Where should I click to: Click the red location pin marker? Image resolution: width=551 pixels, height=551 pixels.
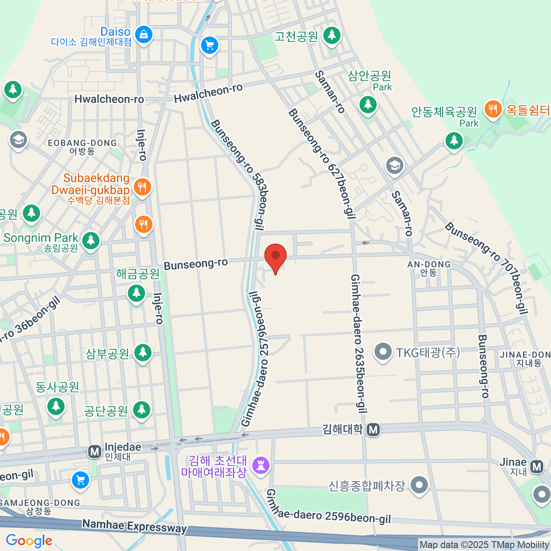click(275, 256)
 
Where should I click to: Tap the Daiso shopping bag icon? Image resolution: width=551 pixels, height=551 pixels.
click(144, 34)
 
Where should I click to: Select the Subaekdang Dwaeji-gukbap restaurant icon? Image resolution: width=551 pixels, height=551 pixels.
click(142, 187)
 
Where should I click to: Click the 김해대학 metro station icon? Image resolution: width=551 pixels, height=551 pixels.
click(374, 430)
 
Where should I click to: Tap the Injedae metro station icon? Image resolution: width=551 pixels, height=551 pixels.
click(95, 452)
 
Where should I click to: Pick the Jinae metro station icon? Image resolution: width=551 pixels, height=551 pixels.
click(536, 467)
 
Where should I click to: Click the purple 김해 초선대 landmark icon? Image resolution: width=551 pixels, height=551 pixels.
click(262, 466)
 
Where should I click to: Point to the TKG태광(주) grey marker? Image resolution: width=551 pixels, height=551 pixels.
click(382, 353)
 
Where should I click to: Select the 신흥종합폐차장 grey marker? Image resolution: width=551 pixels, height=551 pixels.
click(419, 485)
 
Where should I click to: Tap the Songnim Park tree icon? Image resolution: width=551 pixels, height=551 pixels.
click(91, 240)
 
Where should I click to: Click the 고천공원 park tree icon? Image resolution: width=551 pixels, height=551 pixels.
click(332, 35)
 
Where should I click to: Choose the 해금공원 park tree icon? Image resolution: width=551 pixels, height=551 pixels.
click(136, 292)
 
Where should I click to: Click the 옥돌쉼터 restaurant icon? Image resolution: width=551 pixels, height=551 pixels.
click(493, 109)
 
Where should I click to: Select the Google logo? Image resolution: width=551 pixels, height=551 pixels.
click(29, 541)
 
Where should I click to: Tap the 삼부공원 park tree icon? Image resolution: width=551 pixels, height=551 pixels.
click(143, 353)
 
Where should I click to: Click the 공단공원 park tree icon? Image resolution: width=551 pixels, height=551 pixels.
click(141, 410)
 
